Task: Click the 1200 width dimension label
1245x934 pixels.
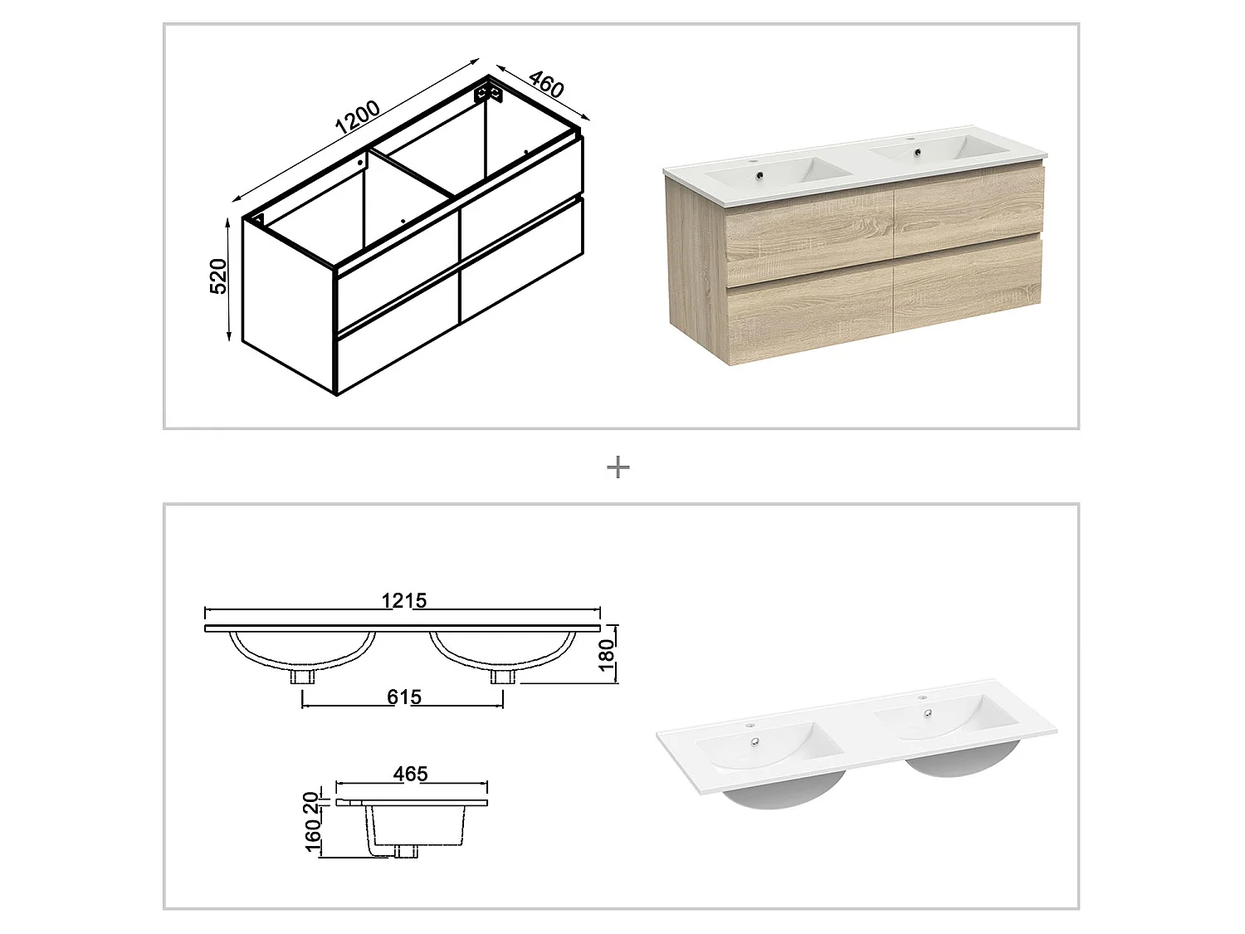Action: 358,119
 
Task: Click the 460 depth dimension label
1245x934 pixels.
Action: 545,86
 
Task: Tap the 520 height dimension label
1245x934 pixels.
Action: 218,276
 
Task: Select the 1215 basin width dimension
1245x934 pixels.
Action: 403,600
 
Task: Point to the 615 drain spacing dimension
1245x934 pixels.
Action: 403,697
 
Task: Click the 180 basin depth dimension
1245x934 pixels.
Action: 607,655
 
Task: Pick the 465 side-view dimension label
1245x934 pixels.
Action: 410,774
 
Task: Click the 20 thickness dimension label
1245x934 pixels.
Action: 311,802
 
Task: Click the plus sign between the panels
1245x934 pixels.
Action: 618,468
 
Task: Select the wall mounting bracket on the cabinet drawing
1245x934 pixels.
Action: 490,91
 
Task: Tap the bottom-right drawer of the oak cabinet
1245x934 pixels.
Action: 968,286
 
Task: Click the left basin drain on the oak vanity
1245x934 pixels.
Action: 759,175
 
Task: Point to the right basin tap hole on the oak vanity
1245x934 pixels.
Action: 910,139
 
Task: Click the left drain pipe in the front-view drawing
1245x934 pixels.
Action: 302,677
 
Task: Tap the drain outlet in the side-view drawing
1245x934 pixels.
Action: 405,851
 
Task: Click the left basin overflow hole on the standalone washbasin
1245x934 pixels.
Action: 754,742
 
